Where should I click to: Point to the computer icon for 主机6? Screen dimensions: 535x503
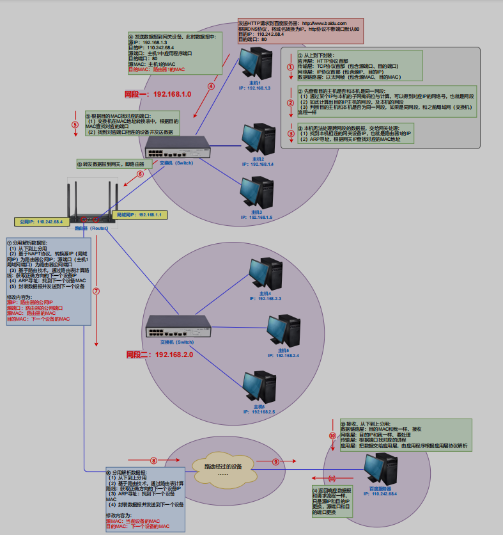(258, 388)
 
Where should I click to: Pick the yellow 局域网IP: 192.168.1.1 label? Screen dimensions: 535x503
(139, 214)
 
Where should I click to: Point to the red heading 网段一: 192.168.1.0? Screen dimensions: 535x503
(158, 94)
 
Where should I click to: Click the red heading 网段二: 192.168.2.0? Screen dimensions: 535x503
(159, 355)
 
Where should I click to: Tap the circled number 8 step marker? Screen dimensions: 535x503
(153, 461)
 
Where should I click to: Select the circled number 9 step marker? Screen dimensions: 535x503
(276, 461)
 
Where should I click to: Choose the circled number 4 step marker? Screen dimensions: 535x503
(211, 86)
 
